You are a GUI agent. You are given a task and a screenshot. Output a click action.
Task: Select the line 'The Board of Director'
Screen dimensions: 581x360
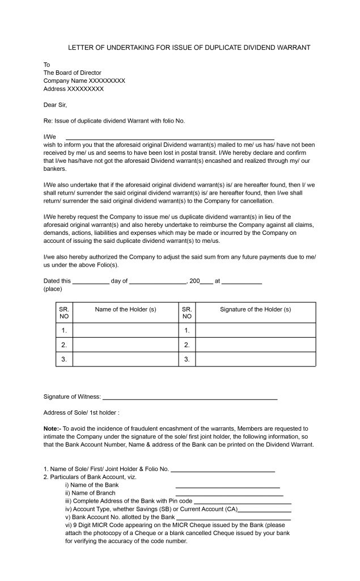(x=73, y=73)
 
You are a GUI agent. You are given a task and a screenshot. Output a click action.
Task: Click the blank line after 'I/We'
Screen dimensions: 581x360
(x=170, y=138)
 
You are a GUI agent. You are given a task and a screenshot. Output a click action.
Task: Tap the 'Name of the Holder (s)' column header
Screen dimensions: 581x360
(x=125, y=309)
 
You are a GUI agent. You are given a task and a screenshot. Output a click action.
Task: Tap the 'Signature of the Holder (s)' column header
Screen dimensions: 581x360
(x=255, y=309)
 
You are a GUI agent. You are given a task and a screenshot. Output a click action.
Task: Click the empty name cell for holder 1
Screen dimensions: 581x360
(x=125, y=330)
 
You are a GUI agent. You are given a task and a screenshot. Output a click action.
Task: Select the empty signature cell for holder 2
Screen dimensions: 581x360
(x=255, y=344)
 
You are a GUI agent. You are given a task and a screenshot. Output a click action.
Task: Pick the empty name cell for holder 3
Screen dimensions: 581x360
(x=125, y=359)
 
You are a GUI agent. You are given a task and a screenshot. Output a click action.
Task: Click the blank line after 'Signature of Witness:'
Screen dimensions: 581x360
(x=190, y=399)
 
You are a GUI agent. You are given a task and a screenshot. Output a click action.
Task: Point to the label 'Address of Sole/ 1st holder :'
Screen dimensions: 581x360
(x=82, y=412)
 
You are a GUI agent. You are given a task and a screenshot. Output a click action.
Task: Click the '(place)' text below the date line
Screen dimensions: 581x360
(x=52, y=289)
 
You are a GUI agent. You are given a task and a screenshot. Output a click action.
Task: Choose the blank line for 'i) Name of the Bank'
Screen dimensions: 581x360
(x=228, y=487)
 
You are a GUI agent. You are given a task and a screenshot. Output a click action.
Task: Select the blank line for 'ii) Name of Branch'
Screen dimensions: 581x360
(x=229, y=495)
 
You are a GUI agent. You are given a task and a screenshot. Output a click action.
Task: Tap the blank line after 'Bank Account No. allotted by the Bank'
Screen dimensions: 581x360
(x=234, y=519)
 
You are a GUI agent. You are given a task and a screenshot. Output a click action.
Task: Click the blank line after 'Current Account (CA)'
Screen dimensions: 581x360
(x=265, y=511)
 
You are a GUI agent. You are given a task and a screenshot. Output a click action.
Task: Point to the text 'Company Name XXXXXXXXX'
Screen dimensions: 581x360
(x=84, y=81)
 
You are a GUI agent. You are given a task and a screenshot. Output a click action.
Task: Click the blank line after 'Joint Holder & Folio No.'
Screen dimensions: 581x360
(x=223, y=471)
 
